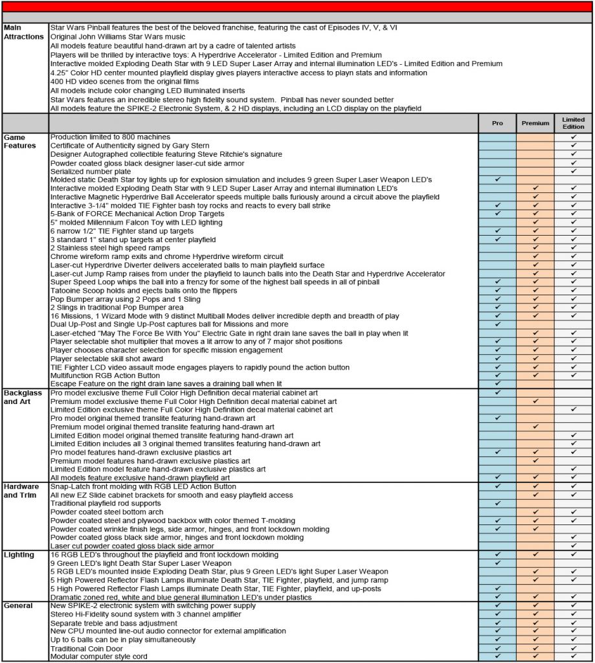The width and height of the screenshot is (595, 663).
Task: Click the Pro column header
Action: [x=497, y=123]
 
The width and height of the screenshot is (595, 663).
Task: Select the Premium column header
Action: [x=535, y=123]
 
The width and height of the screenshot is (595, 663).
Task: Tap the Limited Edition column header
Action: [x=573, y=123]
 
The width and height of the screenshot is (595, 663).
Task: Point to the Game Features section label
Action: [x=21, y=141]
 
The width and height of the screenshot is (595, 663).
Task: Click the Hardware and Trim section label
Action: [x=23, y=490]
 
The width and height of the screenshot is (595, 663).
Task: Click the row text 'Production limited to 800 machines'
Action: [x=110, y=137]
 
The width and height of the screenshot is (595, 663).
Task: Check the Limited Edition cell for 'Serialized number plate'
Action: [x=573, y=171]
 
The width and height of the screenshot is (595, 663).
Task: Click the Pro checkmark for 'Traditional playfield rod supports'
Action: [x=497, y=503]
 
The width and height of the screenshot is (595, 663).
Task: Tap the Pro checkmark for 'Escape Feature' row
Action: [x=497, y=384]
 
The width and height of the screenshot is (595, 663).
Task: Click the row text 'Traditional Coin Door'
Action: [x=89, y=648]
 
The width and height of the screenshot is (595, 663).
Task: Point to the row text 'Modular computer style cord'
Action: [x=98, y=657]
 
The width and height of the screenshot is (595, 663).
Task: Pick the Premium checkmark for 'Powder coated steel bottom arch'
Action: [x=535, y=511]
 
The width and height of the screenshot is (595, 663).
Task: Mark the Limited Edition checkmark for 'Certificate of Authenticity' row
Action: [x=573, y=146]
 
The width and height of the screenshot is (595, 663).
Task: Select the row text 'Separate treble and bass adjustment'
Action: [x=114, y=623]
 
